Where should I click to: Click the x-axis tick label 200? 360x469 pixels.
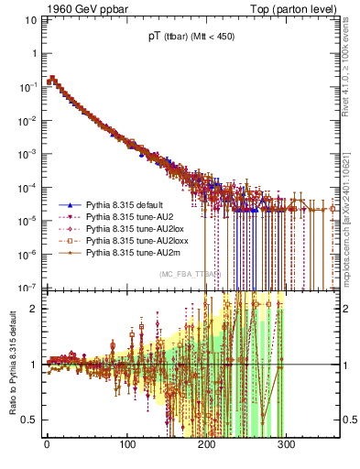tap(206, 445)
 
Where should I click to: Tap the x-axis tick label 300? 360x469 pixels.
tap(286, 445)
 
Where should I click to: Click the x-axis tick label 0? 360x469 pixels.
tap(47, 445)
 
